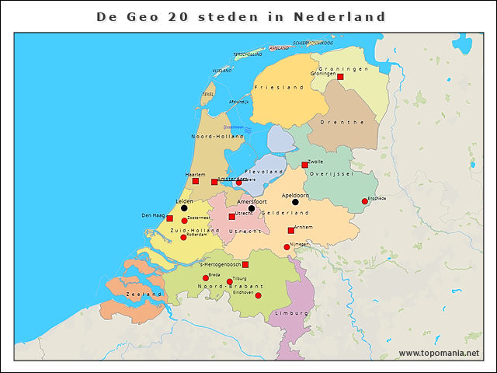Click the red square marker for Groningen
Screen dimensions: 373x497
340,77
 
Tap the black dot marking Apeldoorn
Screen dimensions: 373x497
295,202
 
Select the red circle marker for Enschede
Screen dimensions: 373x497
365,202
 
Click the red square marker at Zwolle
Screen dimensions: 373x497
305,165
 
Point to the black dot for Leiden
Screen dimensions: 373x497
184,208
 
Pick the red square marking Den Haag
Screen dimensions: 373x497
170,218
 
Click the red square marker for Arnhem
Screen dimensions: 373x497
291,230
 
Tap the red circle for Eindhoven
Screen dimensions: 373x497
259,295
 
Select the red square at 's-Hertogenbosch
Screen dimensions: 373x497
245,265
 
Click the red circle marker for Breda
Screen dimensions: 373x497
206,278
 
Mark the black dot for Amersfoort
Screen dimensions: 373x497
252,208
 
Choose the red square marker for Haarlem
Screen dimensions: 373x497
196,181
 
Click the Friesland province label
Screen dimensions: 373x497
278,88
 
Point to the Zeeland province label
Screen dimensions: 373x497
144,295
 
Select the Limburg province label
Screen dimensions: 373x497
287,314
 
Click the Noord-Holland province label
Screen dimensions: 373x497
212,136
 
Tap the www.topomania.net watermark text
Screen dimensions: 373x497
439,353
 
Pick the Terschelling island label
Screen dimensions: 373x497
248,54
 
